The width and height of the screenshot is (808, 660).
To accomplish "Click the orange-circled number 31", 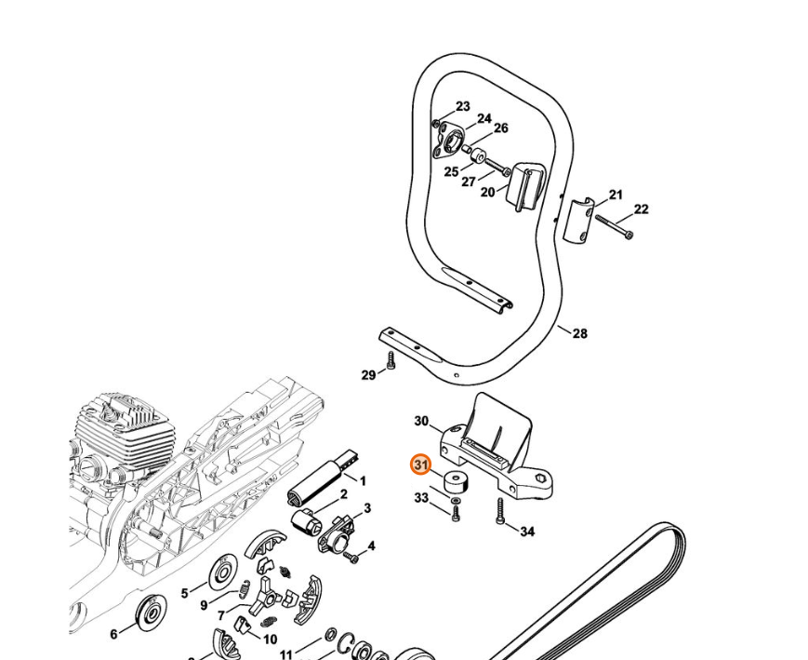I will point(420,465).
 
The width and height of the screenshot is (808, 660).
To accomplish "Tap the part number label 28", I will point(579,333).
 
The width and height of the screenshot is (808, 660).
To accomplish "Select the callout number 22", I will point(641,209).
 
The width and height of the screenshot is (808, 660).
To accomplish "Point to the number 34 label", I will point(527,532).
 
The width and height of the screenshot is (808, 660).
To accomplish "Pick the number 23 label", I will point(462,107).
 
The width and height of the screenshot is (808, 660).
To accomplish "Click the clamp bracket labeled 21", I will point(578,222).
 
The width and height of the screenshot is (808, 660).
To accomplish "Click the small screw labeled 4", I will point(351,557).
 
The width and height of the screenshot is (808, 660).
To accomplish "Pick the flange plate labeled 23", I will point(452,141).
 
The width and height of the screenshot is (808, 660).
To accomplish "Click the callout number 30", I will point(421,422).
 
